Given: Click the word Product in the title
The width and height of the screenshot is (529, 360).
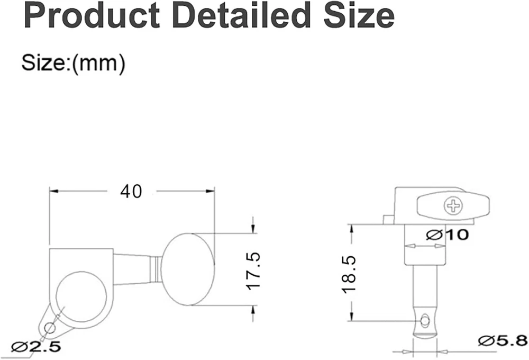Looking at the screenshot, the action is point(92,15).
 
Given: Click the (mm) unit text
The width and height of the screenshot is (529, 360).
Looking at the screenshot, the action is point(99,63).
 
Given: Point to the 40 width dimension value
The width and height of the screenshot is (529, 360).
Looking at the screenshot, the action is point(131,192).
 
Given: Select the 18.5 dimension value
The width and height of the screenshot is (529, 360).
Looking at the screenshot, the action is point(349,275).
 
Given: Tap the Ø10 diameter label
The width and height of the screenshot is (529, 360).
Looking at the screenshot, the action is point(448,234).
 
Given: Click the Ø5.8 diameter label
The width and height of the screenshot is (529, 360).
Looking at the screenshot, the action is point(503,340).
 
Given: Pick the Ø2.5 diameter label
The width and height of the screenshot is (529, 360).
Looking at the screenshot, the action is point(36,346).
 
